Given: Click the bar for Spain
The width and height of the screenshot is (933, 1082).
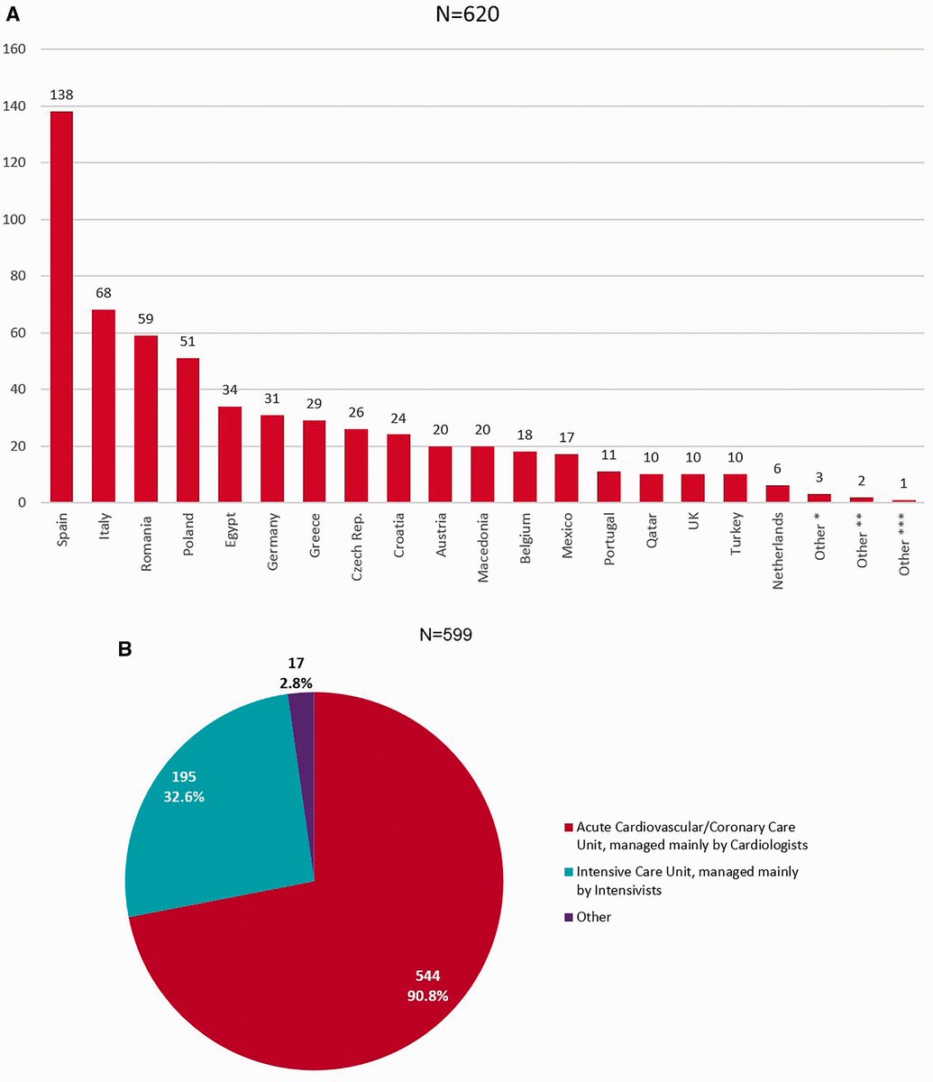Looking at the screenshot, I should click(x=62, y=307).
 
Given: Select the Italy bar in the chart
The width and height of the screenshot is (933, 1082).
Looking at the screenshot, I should click(x=104, y=406).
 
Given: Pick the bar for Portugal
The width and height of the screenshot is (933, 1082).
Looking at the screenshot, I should click(x=608, y=487).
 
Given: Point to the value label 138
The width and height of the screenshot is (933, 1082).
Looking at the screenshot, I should click(x=62, y=93).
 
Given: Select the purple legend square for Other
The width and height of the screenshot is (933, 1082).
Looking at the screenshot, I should click(x=568, y=917).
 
